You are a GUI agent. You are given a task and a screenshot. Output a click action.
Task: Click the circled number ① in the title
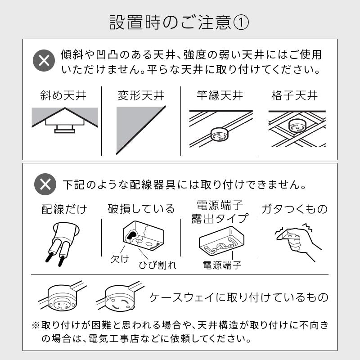click(x=241, y=22)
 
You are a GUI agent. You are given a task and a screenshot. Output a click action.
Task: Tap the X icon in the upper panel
click(x=44, y=60)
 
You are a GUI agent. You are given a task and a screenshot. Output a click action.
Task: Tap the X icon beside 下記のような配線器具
click(x=45, y=184)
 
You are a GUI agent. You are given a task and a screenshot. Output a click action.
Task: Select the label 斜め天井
click(x=63, y=95)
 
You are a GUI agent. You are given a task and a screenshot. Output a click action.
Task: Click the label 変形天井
click(x=141, y=95)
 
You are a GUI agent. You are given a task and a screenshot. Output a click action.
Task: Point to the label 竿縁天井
click(x=220, y=95)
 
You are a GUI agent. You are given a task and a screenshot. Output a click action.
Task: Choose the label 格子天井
click(x=295, y=95)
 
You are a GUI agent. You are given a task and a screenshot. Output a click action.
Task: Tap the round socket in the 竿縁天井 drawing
click(x=220, y=134)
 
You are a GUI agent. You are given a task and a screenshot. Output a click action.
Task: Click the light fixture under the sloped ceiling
click(x=65, y=126)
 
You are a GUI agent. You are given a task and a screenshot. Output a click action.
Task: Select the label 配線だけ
click(x=64, y=209)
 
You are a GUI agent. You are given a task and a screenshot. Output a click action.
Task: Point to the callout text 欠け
click(x=120, y=259)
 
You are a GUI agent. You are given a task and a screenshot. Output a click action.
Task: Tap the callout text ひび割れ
click(x=157, y=265)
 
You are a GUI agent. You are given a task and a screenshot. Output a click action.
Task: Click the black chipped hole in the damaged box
click(x=132, y=235)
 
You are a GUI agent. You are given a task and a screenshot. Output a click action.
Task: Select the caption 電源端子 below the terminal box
click(x=222, y=265)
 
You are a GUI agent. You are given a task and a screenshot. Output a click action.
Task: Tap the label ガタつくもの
click(x=295, y=209)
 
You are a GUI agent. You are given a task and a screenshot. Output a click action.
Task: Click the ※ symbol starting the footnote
click(x=36, y=325)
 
